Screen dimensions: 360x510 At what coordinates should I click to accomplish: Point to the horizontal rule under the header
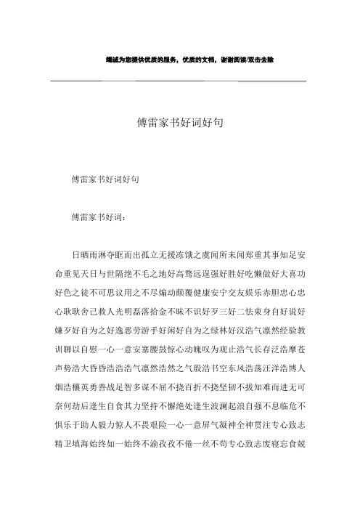(x=179, y=79)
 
